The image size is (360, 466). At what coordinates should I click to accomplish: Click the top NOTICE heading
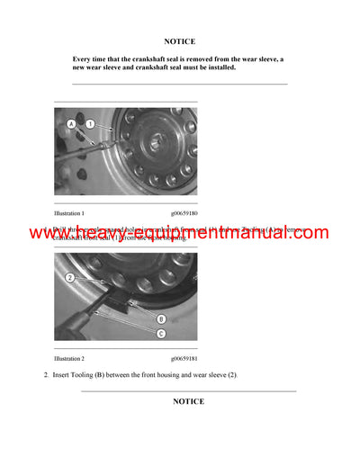pyautogui.click(x=179, y=41)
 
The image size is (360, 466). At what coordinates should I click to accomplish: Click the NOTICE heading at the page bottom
pyautogui.click(x=188, y=401)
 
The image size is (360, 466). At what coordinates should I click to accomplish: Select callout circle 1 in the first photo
pyautogui.click(x=90, y=121)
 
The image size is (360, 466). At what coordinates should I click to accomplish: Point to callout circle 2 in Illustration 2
pyautogui.click(x=69, y=277)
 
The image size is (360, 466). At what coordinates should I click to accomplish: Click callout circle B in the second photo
pyautogui.click(x=161, y=318)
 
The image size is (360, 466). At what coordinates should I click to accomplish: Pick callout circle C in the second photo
pyautogui.click(x=161, y=334)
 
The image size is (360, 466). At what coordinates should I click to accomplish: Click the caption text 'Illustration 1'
pyautogui.click(x=69, y=213)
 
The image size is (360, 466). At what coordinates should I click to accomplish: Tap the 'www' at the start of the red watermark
pyautogui.click(x=47, y=233)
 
